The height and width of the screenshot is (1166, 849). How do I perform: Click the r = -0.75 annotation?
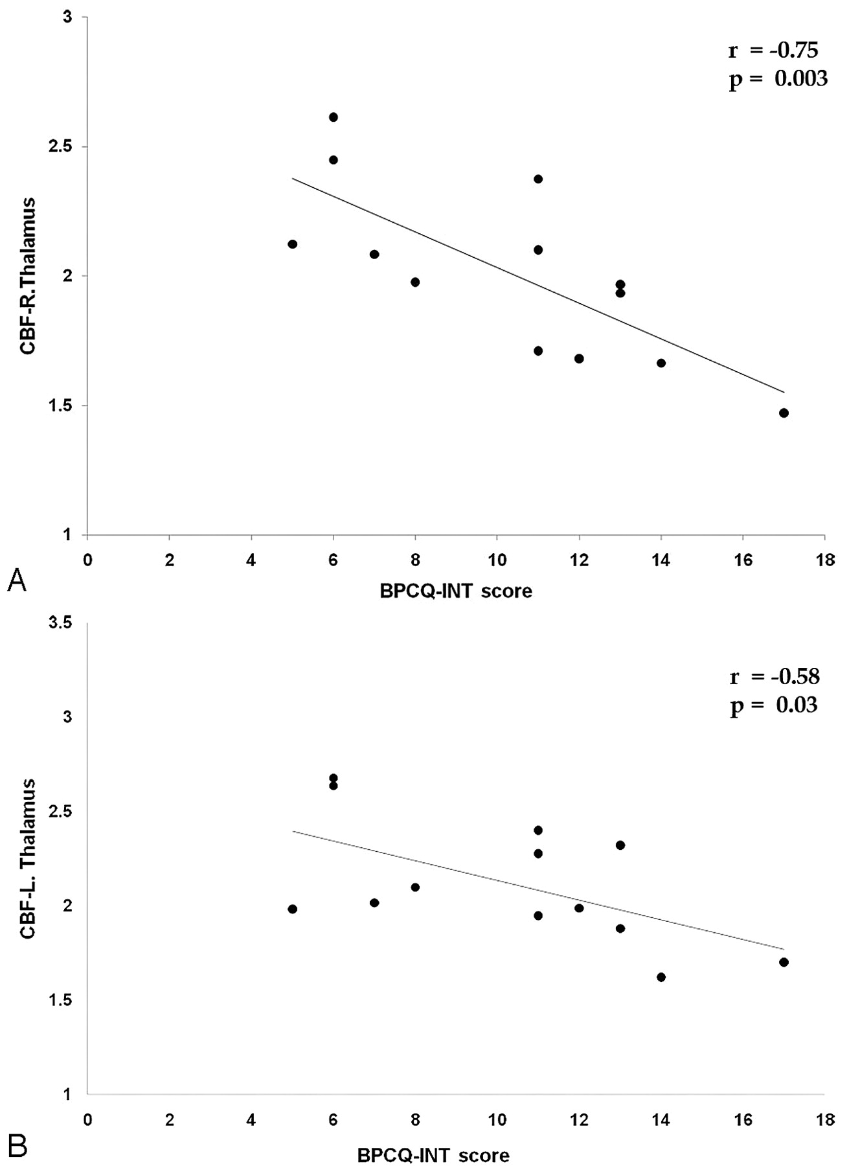coord(773,51)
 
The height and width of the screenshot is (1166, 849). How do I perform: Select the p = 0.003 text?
coord(778,79)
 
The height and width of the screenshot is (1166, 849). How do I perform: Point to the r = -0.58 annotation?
coord(774,677)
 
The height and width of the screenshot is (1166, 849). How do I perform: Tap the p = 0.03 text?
coord(773,705)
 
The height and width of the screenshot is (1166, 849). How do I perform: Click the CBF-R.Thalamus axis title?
coord(28,276)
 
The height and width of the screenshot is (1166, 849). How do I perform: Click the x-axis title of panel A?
coord(456,591)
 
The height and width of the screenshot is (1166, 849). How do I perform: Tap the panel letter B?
coord(17,1145)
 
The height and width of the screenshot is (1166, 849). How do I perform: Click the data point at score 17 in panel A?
coord(784,413)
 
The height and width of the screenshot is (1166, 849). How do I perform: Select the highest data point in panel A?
coord(334,117)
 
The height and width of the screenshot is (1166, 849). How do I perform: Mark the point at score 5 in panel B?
coord(292,909)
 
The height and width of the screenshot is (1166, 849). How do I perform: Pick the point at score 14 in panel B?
coord(661,977)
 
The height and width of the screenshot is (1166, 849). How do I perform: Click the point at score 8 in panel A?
coord(415,282)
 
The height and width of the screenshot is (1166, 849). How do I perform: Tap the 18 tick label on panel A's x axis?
coord(824,560)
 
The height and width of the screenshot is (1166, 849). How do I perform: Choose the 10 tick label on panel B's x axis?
coord(497,1121)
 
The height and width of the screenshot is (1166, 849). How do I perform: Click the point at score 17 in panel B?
coord(784,962)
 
